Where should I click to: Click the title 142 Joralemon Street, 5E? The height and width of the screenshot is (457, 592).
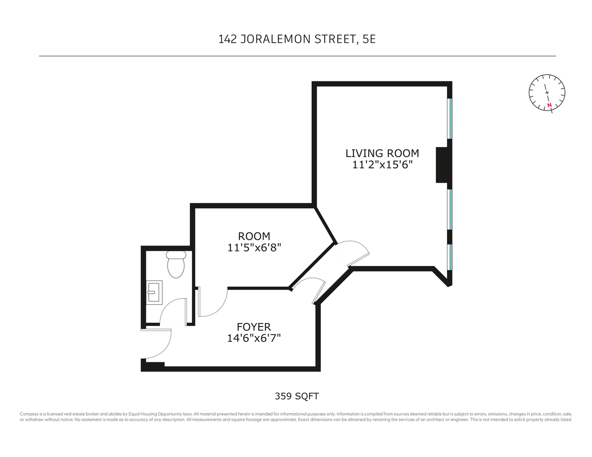point(297,39)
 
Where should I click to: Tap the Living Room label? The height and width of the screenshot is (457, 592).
point(382,154)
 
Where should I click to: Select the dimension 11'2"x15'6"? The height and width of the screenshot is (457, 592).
point(382,165)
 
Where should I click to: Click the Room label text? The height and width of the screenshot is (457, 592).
point(254,236)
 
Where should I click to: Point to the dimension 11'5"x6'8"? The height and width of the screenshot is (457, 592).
point(254,248)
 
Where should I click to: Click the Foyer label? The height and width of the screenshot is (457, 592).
point(254,327)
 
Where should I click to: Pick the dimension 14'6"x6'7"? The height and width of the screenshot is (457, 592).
point(254,338)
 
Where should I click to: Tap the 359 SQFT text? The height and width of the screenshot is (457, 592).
point(296,396)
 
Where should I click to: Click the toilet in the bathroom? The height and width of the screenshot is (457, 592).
point(176,265)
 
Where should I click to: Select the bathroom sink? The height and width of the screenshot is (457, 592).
point(154,292)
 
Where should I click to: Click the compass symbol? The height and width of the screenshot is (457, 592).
point(547,92)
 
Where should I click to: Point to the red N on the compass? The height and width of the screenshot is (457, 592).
point(549,106)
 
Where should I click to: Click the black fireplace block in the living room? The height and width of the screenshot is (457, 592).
point(441,165)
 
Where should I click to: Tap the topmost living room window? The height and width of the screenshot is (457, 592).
point(450,118)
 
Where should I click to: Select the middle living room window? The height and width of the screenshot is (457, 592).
point(450,209)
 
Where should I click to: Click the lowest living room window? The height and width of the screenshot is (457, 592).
point(450,257)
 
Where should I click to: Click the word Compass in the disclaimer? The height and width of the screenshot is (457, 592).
point(29,414)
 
